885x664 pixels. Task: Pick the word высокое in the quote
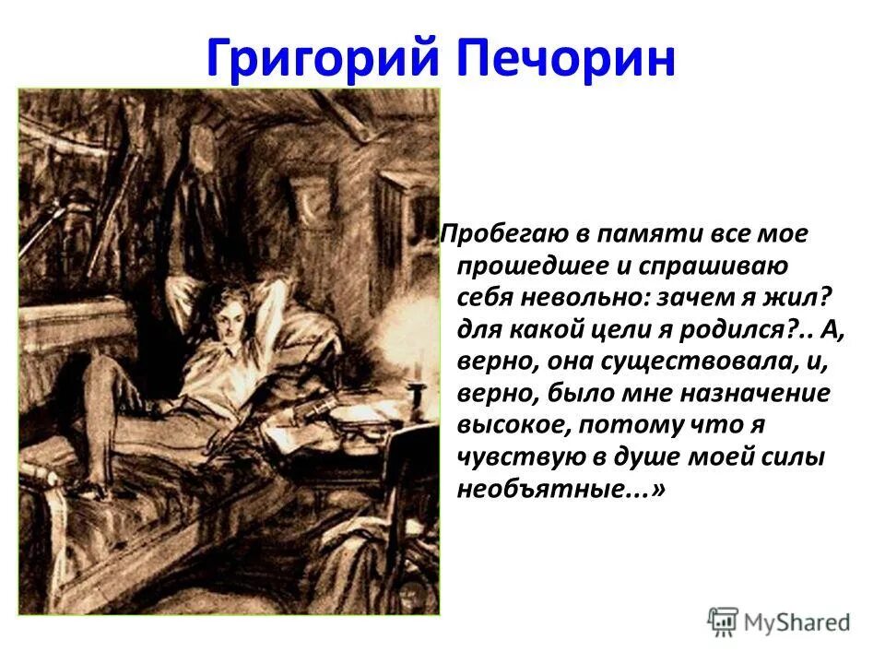tap(511, 426)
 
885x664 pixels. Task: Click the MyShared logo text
tap(797, 622)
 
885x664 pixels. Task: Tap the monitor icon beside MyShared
tap(724, 622)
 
